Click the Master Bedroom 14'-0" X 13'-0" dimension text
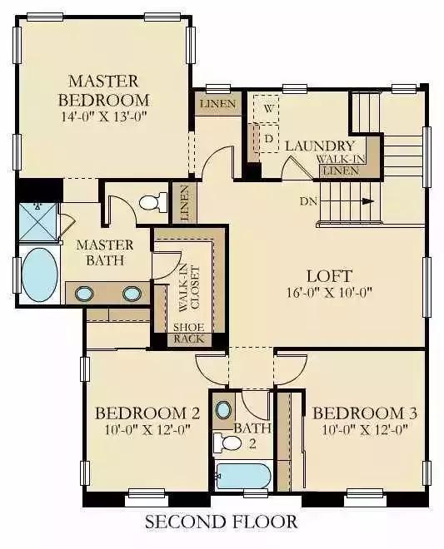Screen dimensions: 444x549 point(104,116)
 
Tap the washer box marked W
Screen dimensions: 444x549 point(268,108)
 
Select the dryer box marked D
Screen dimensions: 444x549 point(268,139)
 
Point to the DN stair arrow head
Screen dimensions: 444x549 point(367,201)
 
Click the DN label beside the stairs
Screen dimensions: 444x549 point(308,201)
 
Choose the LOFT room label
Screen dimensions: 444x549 point(329,276)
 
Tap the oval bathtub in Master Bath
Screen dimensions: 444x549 point(40,274)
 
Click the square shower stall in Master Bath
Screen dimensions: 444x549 point(37,221)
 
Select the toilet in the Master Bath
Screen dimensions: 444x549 point(153,202)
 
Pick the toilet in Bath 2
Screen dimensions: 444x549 point(227,443)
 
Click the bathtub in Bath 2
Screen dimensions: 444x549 point(243,477)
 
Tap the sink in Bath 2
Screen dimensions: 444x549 point(223,410)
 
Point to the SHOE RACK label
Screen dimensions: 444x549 point(189,334)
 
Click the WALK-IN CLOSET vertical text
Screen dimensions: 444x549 point(189,288)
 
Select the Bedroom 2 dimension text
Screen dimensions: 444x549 point(147,429)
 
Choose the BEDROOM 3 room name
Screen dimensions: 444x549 point(365,413)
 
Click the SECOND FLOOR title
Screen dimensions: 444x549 point(222,522)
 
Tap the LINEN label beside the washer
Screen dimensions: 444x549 point(218,104)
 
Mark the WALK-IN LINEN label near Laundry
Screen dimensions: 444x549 point(341,165)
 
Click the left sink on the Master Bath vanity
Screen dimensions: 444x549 point(84,294)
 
